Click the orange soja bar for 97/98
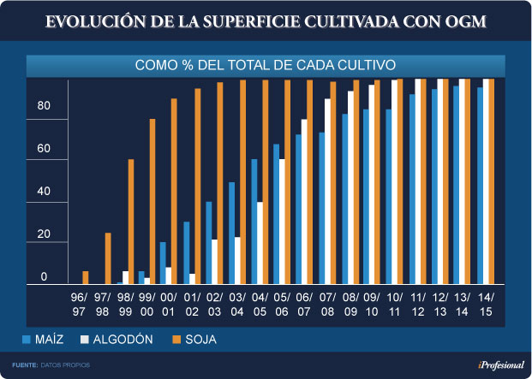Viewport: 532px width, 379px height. click(x=108, y=258)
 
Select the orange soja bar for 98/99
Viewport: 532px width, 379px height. click(x=131, y=222)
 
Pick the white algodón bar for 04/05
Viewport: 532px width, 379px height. click(x=259, y=243)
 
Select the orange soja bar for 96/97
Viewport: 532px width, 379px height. click(x=86, y=277)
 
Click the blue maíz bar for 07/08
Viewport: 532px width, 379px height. click(x=321, y=208)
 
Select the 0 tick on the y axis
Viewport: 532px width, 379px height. click(x=45, y=277)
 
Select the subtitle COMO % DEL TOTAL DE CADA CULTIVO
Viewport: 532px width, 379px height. click(x=266, y=65)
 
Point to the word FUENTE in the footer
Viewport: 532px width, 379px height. click(x=24, y=365)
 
